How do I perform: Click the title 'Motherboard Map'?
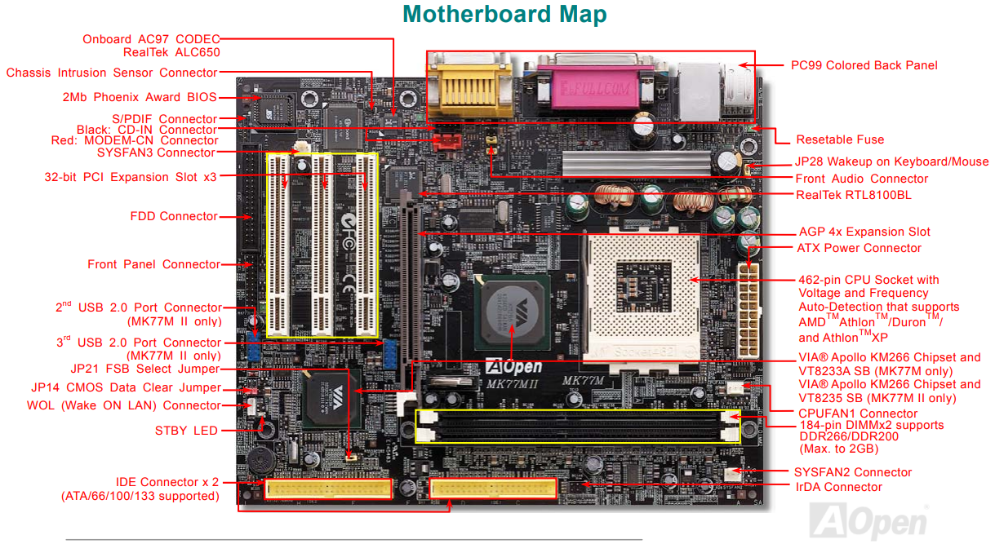(x=504, y=15)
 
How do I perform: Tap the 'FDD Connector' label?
(x=174, y=216)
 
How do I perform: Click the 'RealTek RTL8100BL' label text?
(x=854, y=195)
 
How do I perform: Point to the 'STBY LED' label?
(x=186, y=430)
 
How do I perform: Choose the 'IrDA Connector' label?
(x=838, y=487)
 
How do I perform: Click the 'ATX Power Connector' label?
(x=859, y=248)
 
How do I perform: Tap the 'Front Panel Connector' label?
(x=153, y=264)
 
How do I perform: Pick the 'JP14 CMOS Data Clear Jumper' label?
(x=126, y=387)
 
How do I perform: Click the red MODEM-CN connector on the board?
(x=447, y=142)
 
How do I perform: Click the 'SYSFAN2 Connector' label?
(x=852, y=471)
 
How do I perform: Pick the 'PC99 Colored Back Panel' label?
(x=864, y=65)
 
